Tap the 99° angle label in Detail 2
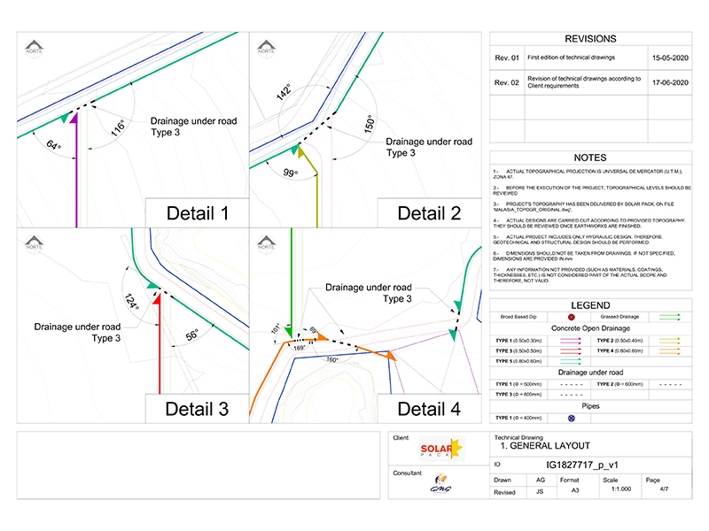point(289,173)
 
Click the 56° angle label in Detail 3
point(191,337)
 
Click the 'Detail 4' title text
point(429,409)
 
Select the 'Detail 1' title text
point(198,212)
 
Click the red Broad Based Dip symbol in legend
point(572,316)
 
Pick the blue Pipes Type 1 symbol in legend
point(572,418)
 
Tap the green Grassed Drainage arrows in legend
point(669,316)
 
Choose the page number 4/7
point(653,490)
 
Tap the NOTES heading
point(589,158)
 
